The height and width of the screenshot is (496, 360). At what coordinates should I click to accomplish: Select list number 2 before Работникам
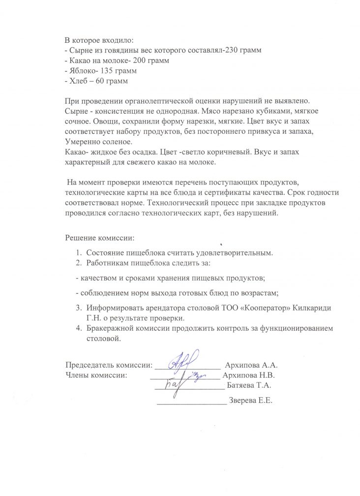(x=79, y=263)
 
